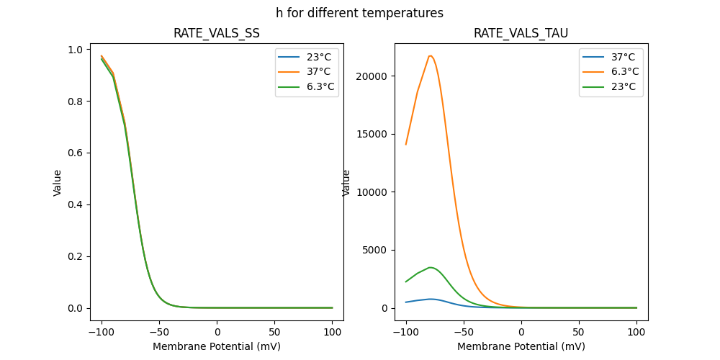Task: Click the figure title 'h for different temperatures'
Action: click(x=359, y=13)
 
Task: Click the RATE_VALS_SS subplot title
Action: click(x=217, y=33)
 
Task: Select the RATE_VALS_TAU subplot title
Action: click(x=521, y=33)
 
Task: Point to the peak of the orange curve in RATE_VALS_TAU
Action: click(x=430, y=55)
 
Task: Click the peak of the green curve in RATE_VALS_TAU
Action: click(x=430, y=267)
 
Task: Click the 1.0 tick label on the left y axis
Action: click(x=74, y=50)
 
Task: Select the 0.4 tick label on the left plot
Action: click(x=74, y=204)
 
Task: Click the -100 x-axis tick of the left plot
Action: click(x=102, y=332)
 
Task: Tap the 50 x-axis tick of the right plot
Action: click(x=579, y=332)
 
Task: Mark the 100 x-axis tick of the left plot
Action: click(x=333, y=332)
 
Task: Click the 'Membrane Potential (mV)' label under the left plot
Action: click(x=217, y=346)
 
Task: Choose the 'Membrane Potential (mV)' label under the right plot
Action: click(x=521, y=346)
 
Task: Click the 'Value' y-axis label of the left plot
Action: click(x=58, y=182)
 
